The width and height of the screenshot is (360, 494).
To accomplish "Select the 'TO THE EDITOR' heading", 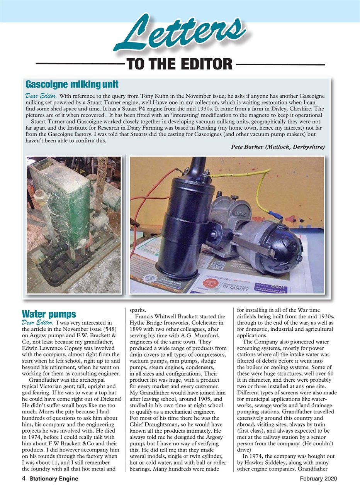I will point(180,64).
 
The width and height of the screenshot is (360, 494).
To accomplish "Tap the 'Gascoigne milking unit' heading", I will point(72,84).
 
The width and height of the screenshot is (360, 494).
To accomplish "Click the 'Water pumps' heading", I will point(49,313).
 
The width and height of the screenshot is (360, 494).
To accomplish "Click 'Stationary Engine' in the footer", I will point(54,479).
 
